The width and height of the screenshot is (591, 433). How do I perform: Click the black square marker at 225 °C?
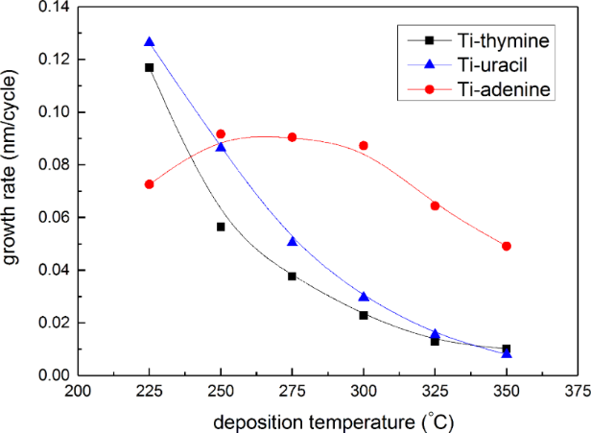tap(149, 67)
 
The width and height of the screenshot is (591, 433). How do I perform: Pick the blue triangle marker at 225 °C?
tap(149, 42)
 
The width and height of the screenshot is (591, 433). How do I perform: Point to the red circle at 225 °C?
tap(149, 184)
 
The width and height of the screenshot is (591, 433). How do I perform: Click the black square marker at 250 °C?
tap(221, 227)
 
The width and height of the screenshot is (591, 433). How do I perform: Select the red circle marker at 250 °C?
tap(221, 134)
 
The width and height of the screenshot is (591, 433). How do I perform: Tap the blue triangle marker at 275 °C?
tap(292, 241)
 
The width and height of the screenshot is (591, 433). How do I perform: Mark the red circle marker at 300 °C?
tap(364, 146)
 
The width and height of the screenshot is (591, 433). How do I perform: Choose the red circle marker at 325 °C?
tap(435, 205)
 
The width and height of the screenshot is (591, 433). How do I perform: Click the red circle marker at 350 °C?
tap(507, 246)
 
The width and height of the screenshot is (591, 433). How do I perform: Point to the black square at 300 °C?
tap(364, 315)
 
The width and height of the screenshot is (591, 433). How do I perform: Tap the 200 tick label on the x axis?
tap(78, 390)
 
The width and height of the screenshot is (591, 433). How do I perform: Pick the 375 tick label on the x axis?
tap(578, 390)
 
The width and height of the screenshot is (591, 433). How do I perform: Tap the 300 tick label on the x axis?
tap(364, 390)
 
